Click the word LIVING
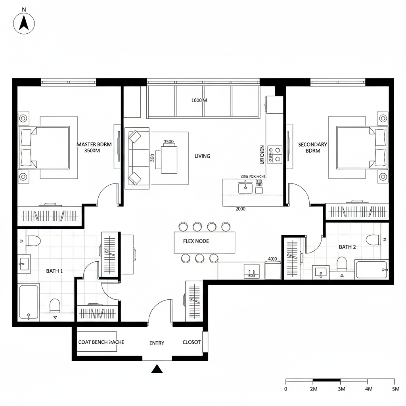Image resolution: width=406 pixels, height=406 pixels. (x=202, y=156)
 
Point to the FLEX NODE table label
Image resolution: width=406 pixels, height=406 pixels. (x=196, y=241)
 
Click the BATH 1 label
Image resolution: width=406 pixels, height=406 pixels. (x=54, y=271)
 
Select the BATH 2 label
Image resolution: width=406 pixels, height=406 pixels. (x=347, y=247)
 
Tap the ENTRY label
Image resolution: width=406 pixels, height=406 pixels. (x=157, y=343)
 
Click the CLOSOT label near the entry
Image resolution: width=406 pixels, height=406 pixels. (x=192, y=342)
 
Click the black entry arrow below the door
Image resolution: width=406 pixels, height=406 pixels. (x=157, y=369)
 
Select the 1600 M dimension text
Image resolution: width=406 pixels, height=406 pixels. (x=199, y=100)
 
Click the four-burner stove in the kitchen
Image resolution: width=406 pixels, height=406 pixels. (x=274, y=154)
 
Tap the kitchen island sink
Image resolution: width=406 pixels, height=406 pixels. (x=245, y=187)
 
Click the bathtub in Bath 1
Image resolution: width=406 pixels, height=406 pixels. (x=29, y=301)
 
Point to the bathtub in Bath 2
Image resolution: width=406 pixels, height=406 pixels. (x=371, y=270)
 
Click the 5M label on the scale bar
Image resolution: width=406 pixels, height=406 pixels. (x=395, y=389)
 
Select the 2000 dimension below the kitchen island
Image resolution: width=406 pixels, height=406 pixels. (x=240, y=209)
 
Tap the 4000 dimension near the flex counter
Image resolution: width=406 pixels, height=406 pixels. (x=272, y=259)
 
